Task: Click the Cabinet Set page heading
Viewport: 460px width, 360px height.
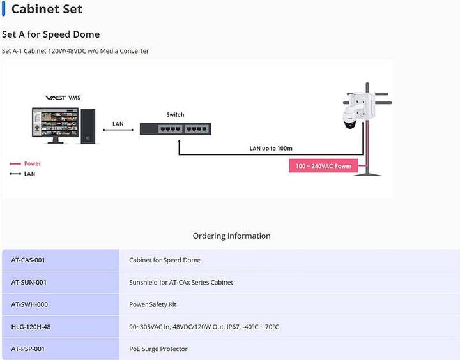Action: (x=47, y=10)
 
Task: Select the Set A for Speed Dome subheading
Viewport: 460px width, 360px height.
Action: (x=51, y=34)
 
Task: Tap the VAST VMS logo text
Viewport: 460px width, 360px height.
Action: (x=63, y=98)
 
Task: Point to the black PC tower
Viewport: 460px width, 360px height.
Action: (x=89, y=126)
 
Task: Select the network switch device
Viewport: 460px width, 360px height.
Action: (x=175, y=128)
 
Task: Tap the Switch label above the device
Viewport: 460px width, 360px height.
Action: (x=175, y=115)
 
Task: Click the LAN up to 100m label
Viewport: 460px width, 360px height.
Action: (x=270, y=149)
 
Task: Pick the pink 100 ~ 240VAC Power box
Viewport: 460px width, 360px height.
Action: (x=323, y=166)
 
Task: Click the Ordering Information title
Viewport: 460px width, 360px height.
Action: (x=231, y=236)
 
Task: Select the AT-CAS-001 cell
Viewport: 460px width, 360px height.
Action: (x=28, y=260)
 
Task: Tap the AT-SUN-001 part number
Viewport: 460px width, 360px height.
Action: (x=29, y=282)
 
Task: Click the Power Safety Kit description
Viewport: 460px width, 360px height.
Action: (x=153, y=304)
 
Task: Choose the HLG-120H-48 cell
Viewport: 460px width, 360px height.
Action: (x=31, y=327)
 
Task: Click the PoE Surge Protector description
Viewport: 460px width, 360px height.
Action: (x=158, y=349)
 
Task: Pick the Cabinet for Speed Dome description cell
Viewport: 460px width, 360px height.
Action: (x=165, y=260)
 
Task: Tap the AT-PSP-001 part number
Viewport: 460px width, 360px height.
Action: (x=28, y=349)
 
